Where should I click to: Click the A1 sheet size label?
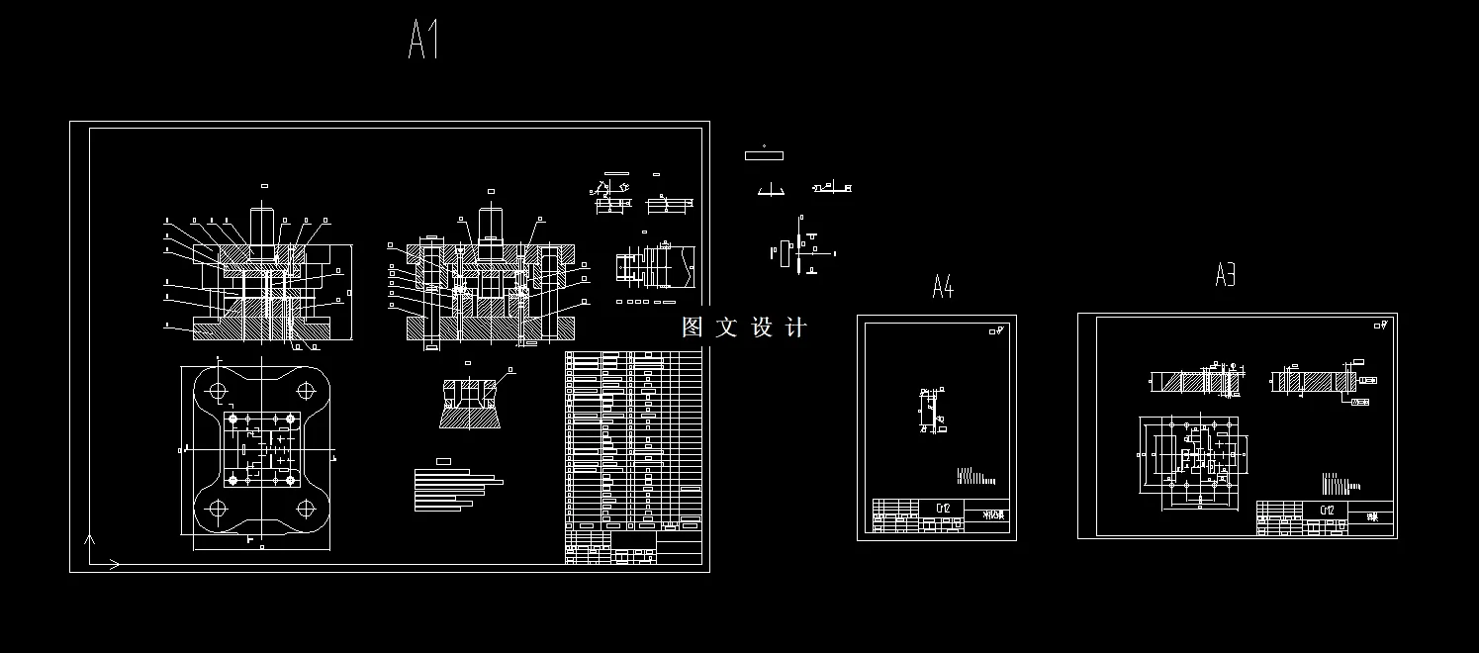[x=423, y=40]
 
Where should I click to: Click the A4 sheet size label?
[x=942, y=287]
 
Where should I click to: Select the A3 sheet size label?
[x=1225, y=274]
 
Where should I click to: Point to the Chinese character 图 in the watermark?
[x=693, y=327]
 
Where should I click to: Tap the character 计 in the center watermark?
[x=795, y=327]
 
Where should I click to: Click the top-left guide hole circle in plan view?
[x=216, y=389]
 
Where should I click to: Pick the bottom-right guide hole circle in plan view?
[x=308, y=511]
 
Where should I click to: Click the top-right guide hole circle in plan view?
[x=308, y=389]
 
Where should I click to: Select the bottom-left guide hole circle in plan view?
[x=216, y=511]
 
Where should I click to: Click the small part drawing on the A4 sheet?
[x=930, y=411]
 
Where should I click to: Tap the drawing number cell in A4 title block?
[x=943, y=509]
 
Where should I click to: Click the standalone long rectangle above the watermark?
[x=764, y=155]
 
